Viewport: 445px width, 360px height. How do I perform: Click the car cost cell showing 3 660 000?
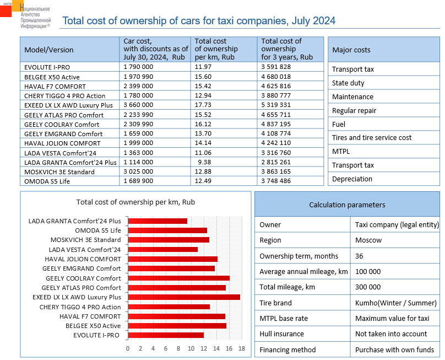[138, 105]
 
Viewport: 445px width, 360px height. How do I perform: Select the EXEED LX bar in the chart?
[184, 297]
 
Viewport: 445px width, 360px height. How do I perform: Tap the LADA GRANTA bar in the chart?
[158, 221]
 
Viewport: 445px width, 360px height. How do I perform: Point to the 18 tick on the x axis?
[241, 348]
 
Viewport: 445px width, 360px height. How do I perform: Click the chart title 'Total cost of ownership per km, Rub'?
[135, 202]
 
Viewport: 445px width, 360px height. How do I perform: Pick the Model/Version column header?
[49, 50]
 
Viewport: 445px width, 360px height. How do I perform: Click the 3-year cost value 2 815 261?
[276, 162]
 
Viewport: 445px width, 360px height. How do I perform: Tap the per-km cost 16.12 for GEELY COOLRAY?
[203, 124]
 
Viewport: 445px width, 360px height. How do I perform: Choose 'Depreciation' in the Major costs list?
[352, 179]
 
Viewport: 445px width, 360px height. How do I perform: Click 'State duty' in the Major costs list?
[348, 83]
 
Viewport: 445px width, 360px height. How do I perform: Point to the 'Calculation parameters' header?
[347, 205]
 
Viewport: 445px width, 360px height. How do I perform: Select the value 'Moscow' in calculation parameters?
[368, 240]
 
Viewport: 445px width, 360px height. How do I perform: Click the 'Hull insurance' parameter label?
[281, 334]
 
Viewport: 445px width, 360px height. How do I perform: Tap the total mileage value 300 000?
[368, 287]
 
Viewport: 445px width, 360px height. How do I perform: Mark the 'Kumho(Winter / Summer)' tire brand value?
[396, 303]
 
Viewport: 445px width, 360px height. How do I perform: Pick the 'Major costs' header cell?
[351, 50]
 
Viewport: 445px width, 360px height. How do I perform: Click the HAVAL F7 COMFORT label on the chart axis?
[90, 316]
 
